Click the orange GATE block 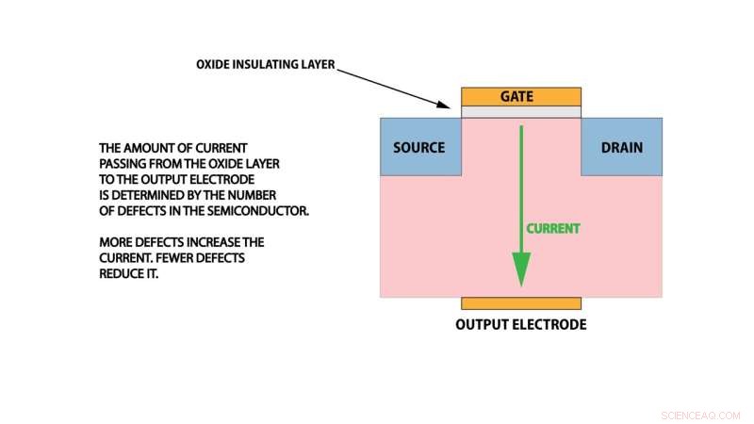[521, 97]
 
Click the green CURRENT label [553, 228]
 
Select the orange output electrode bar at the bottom [521, 303]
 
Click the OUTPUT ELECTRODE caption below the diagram [521, 325]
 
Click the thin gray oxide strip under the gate [521, 112]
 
